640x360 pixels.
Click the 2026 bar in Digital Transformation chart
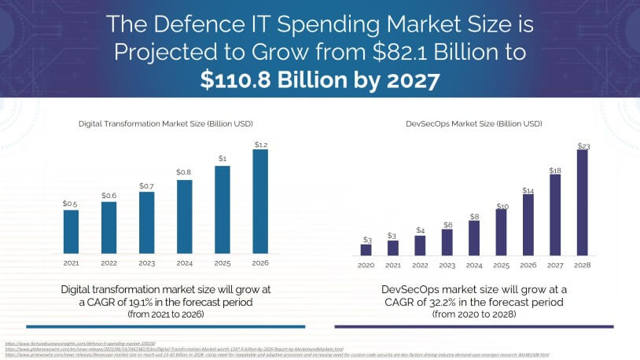tap(259, 202)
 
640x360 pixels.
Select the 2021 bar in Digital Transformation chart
tap(71, 232)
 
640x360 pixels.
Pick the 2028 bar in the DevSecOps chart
tap(583, 203)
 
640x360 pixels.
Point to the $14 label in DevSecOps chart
tap(528, 189)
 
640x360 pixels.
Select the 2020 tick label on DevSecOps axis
tap(366, 266)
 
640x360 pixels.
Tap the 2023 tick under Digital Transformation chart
tap(146, 263)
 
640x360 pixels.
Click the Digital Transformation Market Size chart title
tap(165, 123)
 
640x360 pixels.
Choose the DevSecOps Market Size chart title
tap(474, 123)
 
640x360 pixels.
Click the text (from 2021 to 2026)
tap(165, 314)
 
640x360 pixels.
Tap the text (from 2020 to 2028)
tap(474, 314)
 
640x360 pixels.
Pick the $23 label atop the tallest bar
tap(583, 145)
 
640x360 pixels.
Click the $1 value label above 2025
tap(222, 158)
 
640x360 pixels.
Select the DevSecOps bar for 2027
tap(555, 215)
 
